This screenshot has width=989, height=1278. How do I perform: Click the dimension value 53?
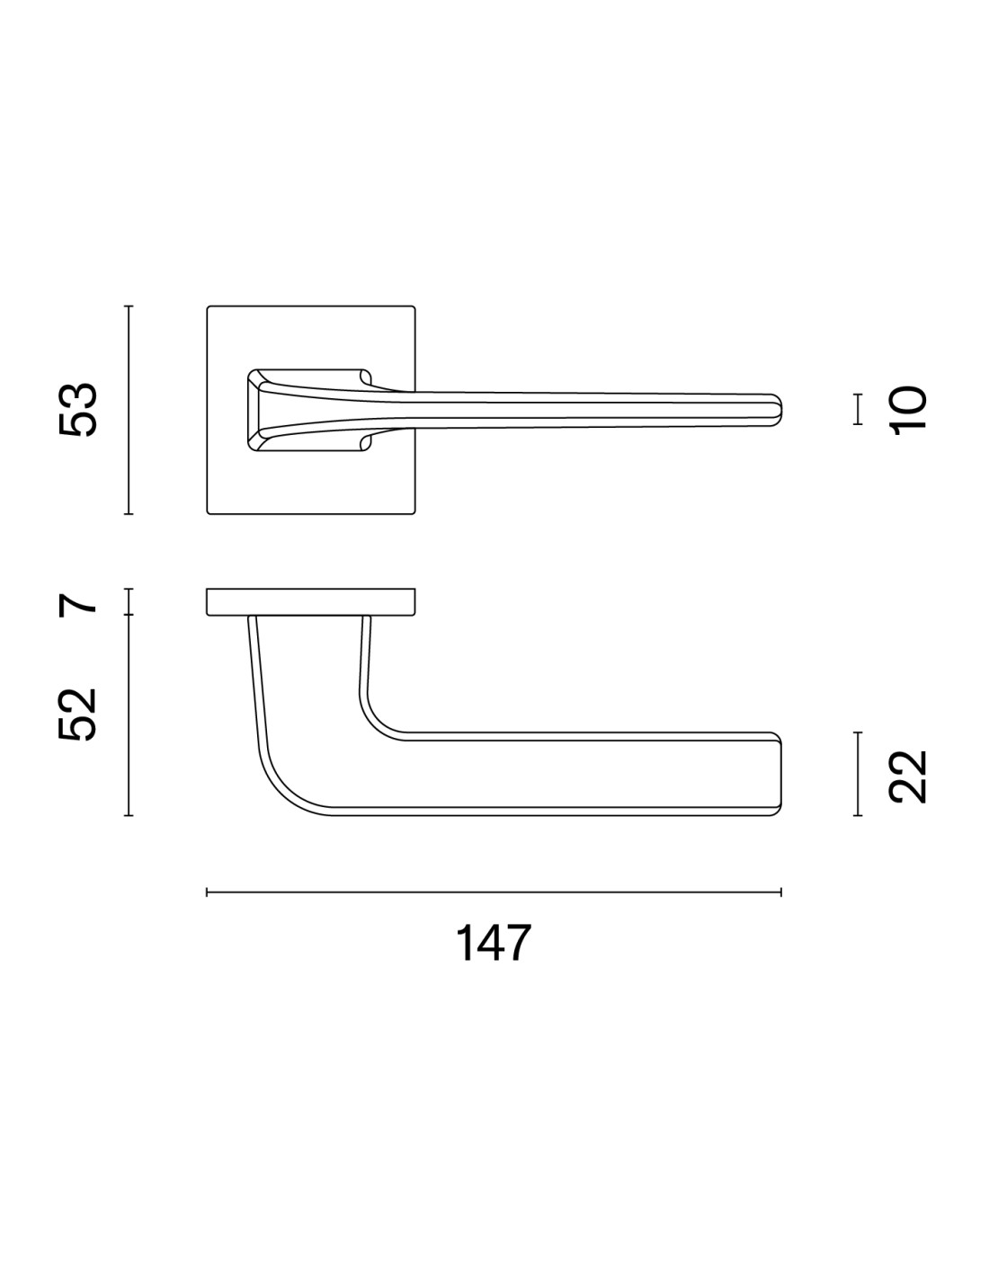(x=77, y=409)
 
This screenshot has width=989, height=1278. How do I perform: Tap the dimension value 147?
(x=493, y=943)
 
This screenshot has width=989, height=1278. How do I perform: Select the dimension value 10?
(x=909, y=411)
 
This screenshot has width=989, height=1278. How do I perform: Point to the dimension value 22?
(x=907, y=777)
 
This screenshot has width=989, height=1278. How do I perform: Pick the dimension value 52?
(x=77, y=714)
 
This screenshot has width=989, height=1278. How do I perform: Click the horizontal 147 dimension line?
(x=494, y=892)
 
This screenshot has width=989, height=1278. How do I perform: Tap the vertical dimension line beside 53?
(x=129, y=410)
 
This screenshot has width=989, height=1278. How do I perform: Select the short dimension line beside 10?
(x=858, y=409)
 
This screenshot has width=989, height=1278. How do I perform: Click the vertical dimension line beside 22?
(x=858, y=774)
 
